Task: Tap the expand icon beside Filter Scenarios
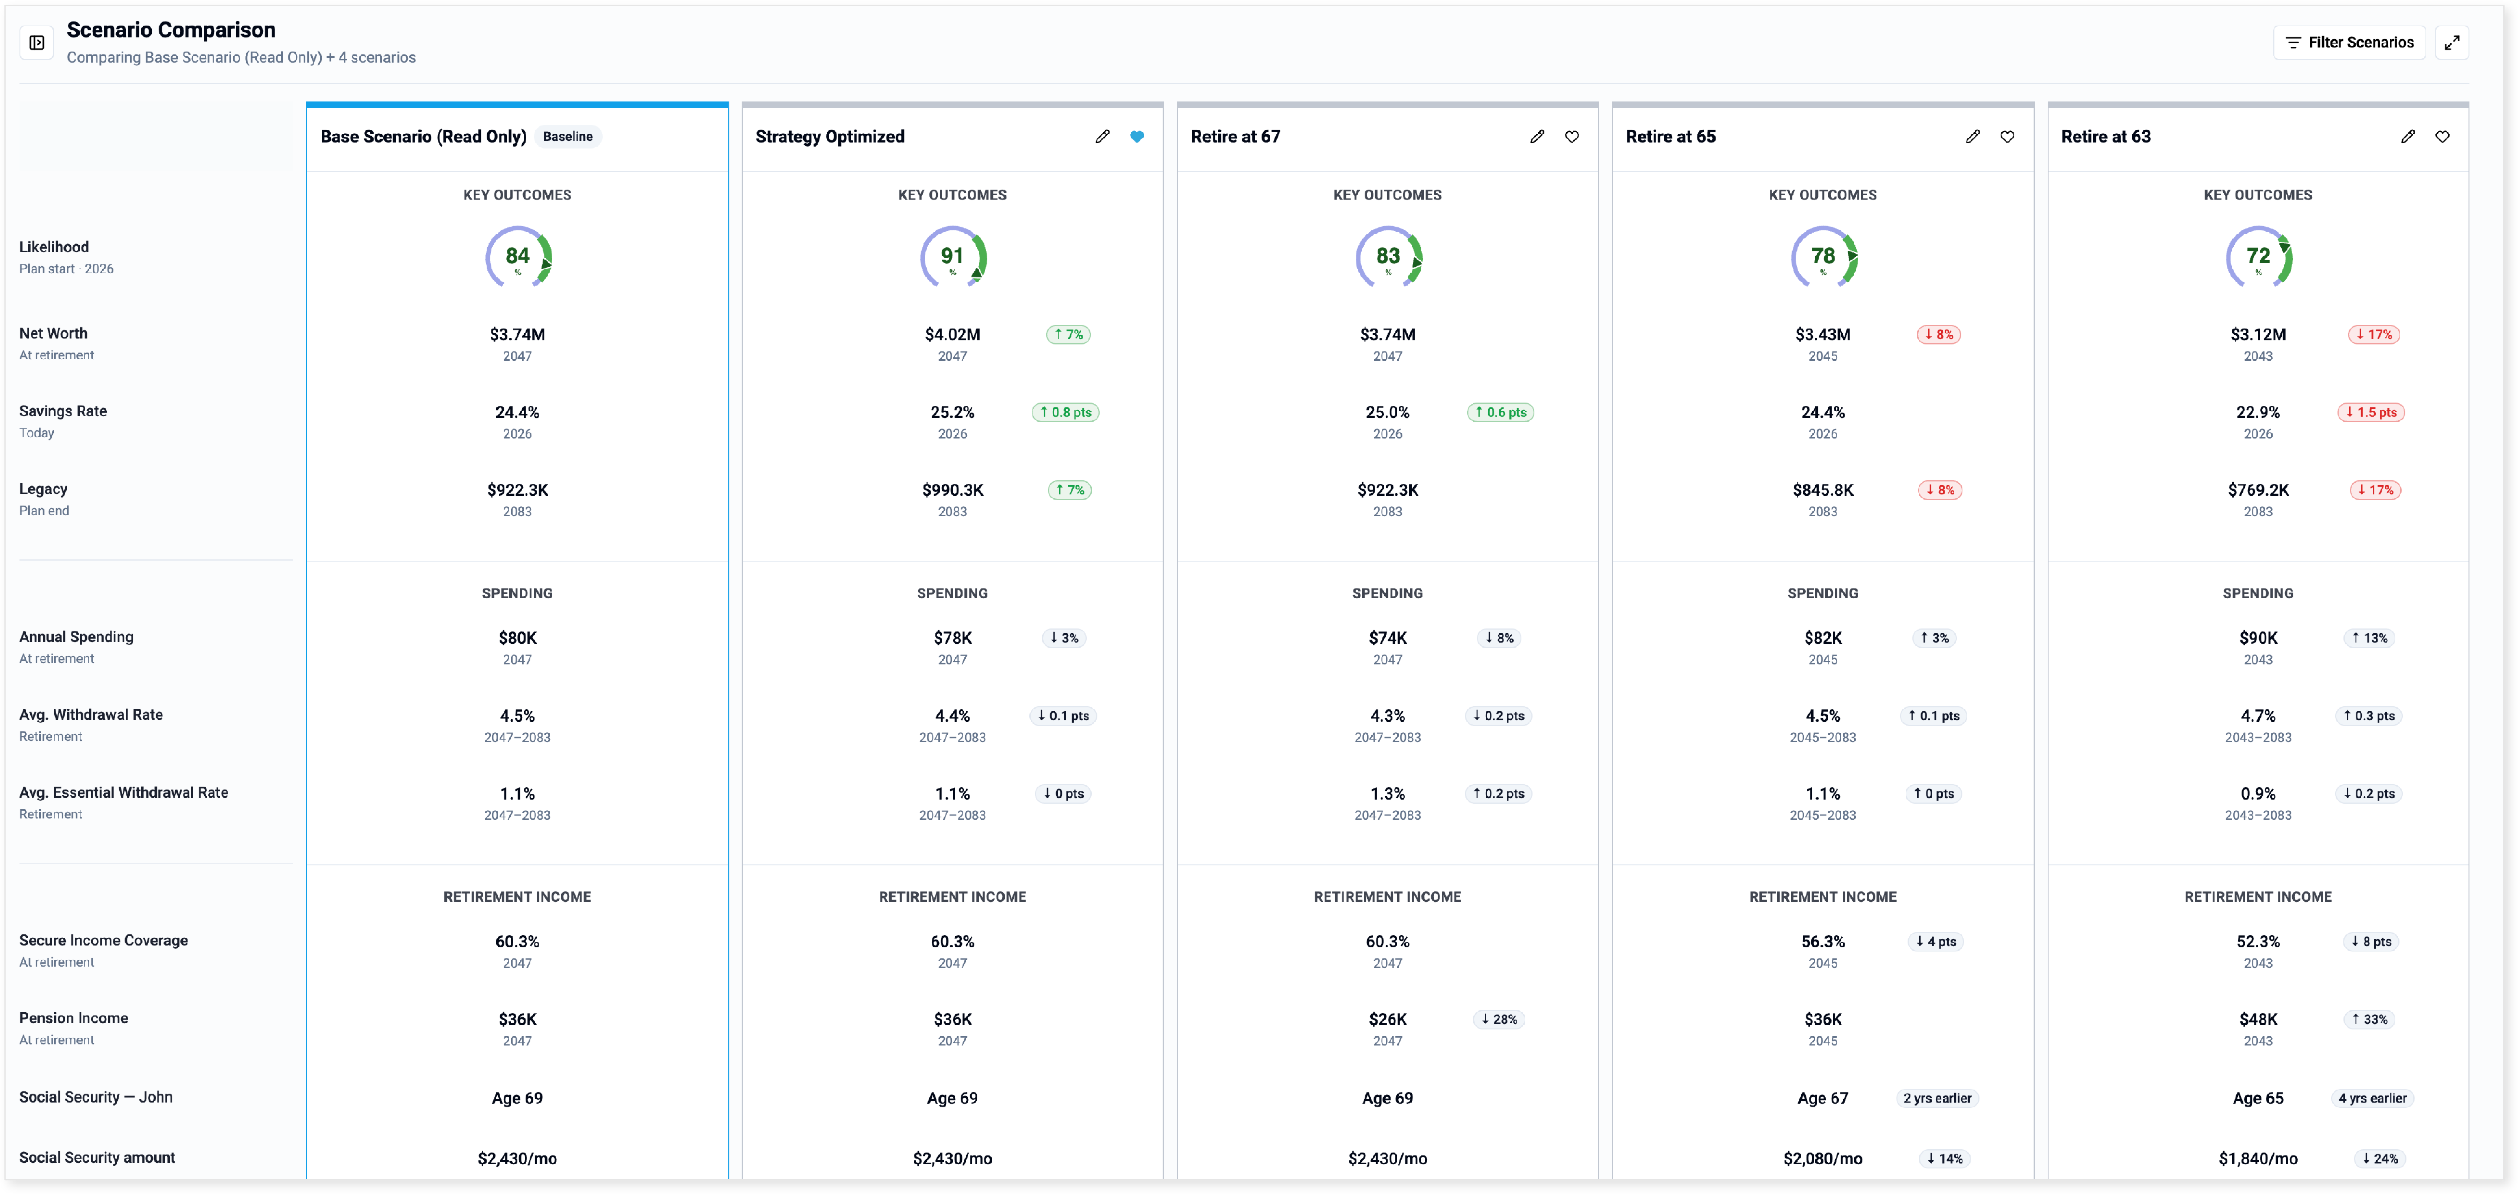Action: pyautogui.click(x=2452, y=42)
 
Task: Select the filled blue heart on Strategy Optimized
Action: pyautogui.click(x=1137, y=137)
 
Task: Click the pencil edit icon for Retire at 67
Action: pyautogui.click(x=1537, y=137)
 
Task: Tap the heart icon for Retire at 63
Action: pyautogui.click(x=2442, y=137)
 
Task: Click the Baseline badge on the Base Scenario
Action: pyautogui.click(x=568, y=137)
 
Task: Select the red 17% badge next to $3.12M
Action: pyautogui.click(x=2373, y=334)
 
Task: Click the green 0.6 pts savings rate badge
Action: pyautogui.click(x=1500, y=412)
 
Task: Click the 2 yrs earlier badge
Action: pyautogui.click(x=1937, y=1098)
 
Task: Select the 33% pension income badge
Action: pyautogui.click(x=2369, y=1019)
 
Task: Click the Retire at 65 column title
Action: pyautogui.click(x=1670, y=137)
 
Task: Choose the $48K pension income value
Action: pyautogui.click(x=2258, y=1019)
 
